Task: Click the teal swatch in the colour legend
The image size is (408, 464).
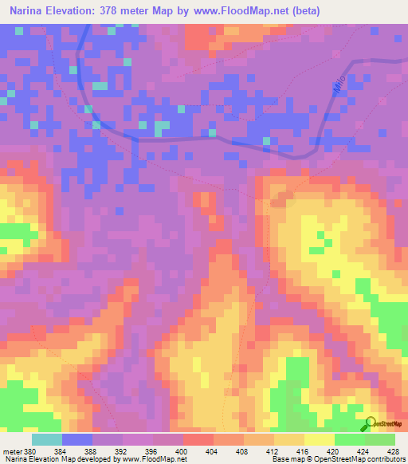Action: [47, 439]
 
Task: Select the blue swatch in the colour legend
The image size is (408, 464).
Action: [77, 439]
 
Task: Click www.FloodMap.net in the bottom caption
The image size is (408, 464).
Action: [152, 458]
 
